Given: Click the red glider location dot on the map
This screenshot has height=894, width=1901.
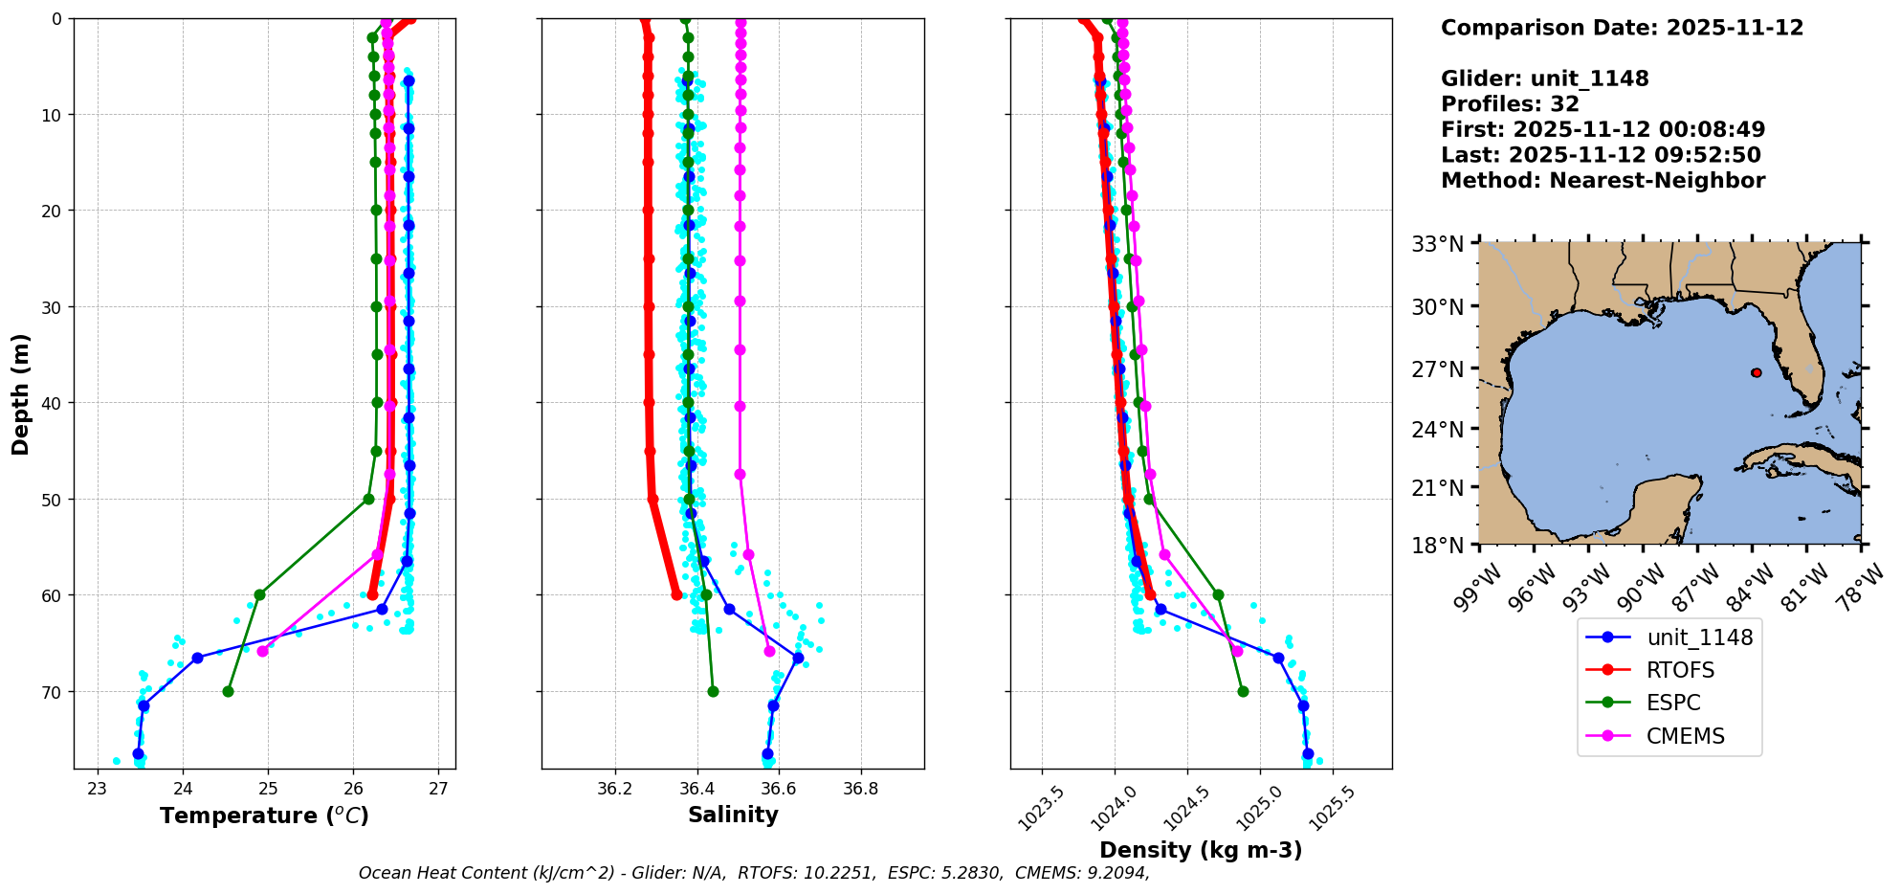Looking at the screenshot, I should (x=1757, y=372).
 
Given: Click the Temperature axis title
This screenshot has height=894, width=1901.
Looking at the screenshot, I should (x=264, y=816).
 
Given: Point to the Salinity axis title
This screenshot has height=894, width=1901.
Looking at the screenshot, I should (x=733, y=815).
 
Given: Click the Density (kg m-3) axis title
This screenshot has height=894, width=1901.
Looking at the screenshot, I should (x=1201, y=850).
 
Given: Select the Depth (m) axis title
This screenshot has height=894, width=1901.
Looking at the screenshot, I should (x=21, y=394).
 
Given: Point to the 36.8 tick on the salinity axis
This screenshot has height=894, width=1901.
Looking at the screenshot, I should (x=860, y=790).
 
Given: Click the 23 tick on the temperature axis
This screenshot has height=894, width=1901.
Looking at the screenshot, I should (x=97, y=790).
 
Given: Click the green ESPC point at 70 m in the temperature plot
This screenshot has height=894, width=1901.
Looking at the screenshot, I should (x=228, y=691).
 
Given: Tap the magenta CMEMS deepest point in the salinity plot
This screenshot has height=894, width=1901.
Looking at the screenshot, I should (x=769, y=651).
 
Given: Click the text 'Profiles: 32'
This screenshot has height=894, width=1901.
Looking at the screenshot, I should (x=1510, y=104).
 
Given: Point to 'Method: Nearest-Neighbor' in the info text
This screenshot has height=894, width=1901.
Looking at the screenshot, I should (x=1603, y=181).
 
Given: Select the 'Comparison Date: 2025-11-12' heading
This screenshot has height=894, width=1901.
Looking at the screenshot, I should (x=1622, y=28).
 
